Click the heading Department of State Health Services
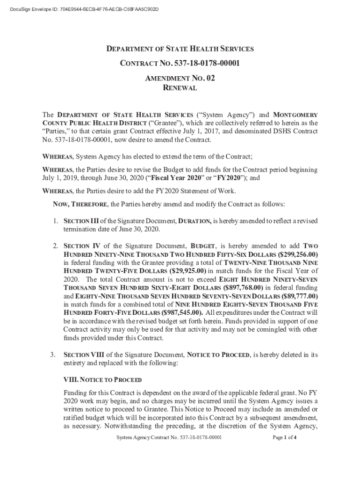point(180,49)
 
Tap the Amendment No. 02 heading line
point(180,78)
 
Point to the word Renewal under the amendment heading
point(180,88)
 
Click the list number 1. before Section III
point(55,221)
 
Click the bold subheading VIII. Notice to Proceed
point(102,379)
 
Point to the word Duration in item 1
point(195,221)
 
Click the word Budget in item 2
point(202,246)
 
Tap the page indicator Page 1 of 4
point(284,438)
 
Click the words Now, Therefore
point(79,204)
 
